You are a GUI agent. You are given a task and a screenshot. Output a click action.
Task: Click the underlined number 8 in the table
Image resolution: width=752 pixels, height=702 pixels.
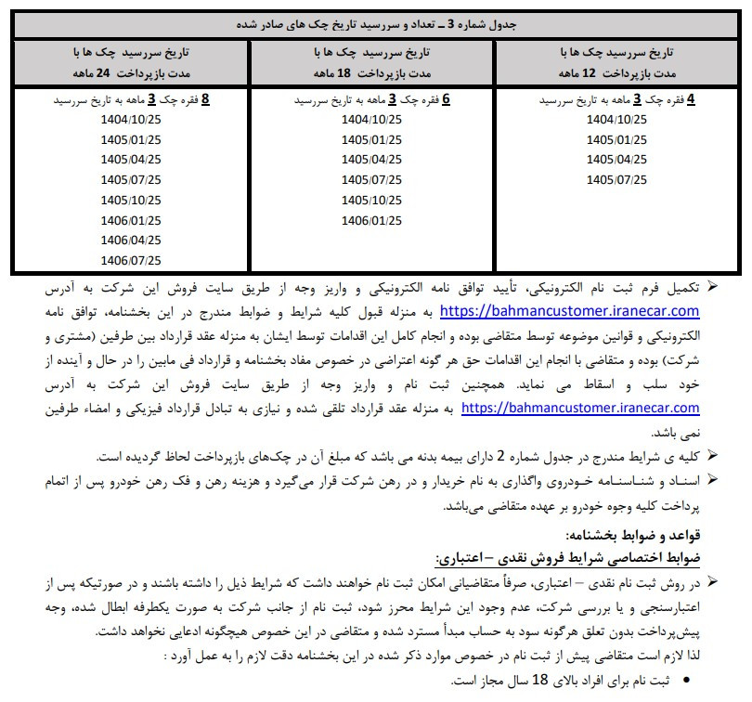206,99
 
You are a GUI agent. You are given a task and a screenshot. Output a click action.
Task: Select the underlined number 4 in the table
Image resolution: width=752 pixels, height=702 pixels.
691,99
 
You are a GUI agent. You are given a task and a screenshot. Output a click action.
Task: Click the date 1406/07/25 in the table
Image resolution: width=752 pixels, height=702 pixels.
131,261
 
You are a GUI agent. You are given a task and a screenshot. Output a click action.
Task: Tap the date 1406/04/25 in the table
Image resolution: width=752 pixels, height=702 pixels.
131,240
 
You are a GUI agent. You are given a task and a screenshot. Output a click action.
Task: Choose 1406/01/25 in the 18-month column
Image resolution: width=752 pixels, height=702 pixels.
371,220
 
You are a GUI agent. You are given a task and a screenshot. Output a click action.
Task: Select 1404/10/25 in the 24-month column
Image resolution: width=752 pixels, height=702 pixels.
131,119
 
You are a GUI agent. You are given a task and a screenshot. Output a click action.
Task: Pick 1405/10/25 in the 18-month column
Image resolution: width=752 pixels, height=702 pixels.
371,200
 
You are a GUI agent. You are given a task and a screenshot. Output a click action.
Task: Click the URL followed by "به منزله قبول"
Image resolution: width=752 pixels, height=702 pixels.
569,311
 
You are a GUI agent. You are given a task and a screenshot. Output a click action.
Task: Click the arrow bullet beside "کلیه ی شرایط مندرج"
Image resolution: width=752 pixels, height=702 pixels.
712,455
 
